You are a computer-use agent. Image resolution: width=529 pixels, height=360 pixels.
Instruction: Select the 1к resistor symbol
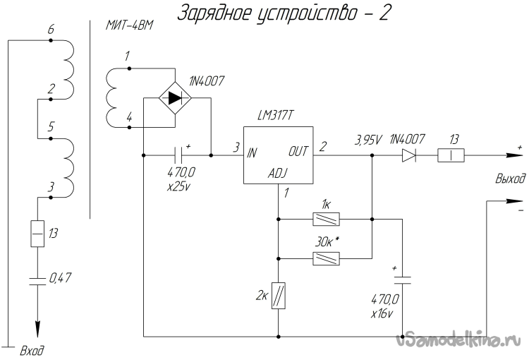point(327,220)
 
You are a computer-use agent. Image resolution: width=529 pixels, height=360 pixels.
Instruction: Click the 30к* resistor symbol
point(327,259)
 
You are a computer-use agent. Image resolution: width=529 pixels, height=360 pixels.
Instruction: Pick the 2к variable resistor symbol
point(279,294)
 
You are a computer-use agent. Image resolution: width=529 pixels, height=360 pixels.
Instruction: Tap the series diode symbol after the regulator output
point(410,155)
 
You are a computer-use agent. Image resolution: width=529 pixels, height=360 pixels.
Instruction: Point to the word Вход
point(33,349)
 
